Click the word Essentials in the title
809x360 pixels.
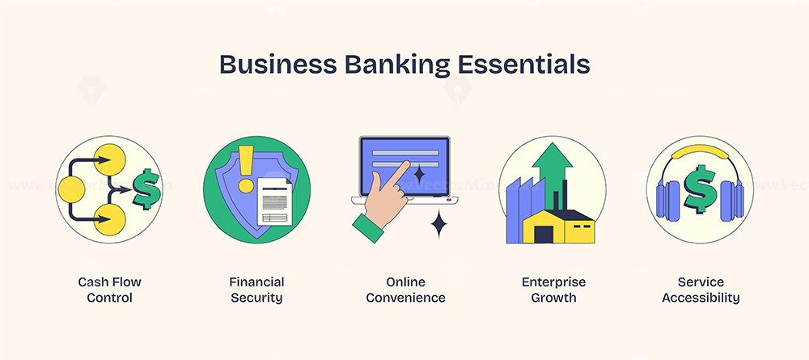point(524,65)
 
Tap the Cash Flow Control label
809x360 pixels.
point(109,290)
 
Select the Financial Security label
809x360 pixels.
point(257,290)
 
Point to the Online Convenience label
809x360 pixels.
point(405,290)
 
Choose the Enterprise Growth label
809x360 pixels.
point(553,290)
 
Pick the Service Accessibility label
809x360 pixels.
point(701,290)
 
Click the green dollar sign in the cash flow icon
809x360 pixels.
point(147,188)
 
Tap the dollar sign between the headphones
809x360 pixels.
point(700,188)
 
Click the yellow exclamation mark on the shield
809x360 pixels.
point(246,168)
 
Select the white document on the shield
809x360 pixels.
point(274,201)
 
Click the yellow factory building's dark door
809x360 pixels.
point(544,234)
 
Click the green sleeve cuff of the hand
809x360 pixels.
point(368,227)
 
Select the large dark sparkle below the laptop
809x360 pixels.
point(438,224)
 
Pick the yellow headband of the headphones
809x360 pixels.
point(700,151)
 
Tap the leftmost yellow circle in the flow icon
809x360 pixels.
point(71,188)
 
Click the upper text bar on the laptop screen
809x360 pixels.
point(405,153)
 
